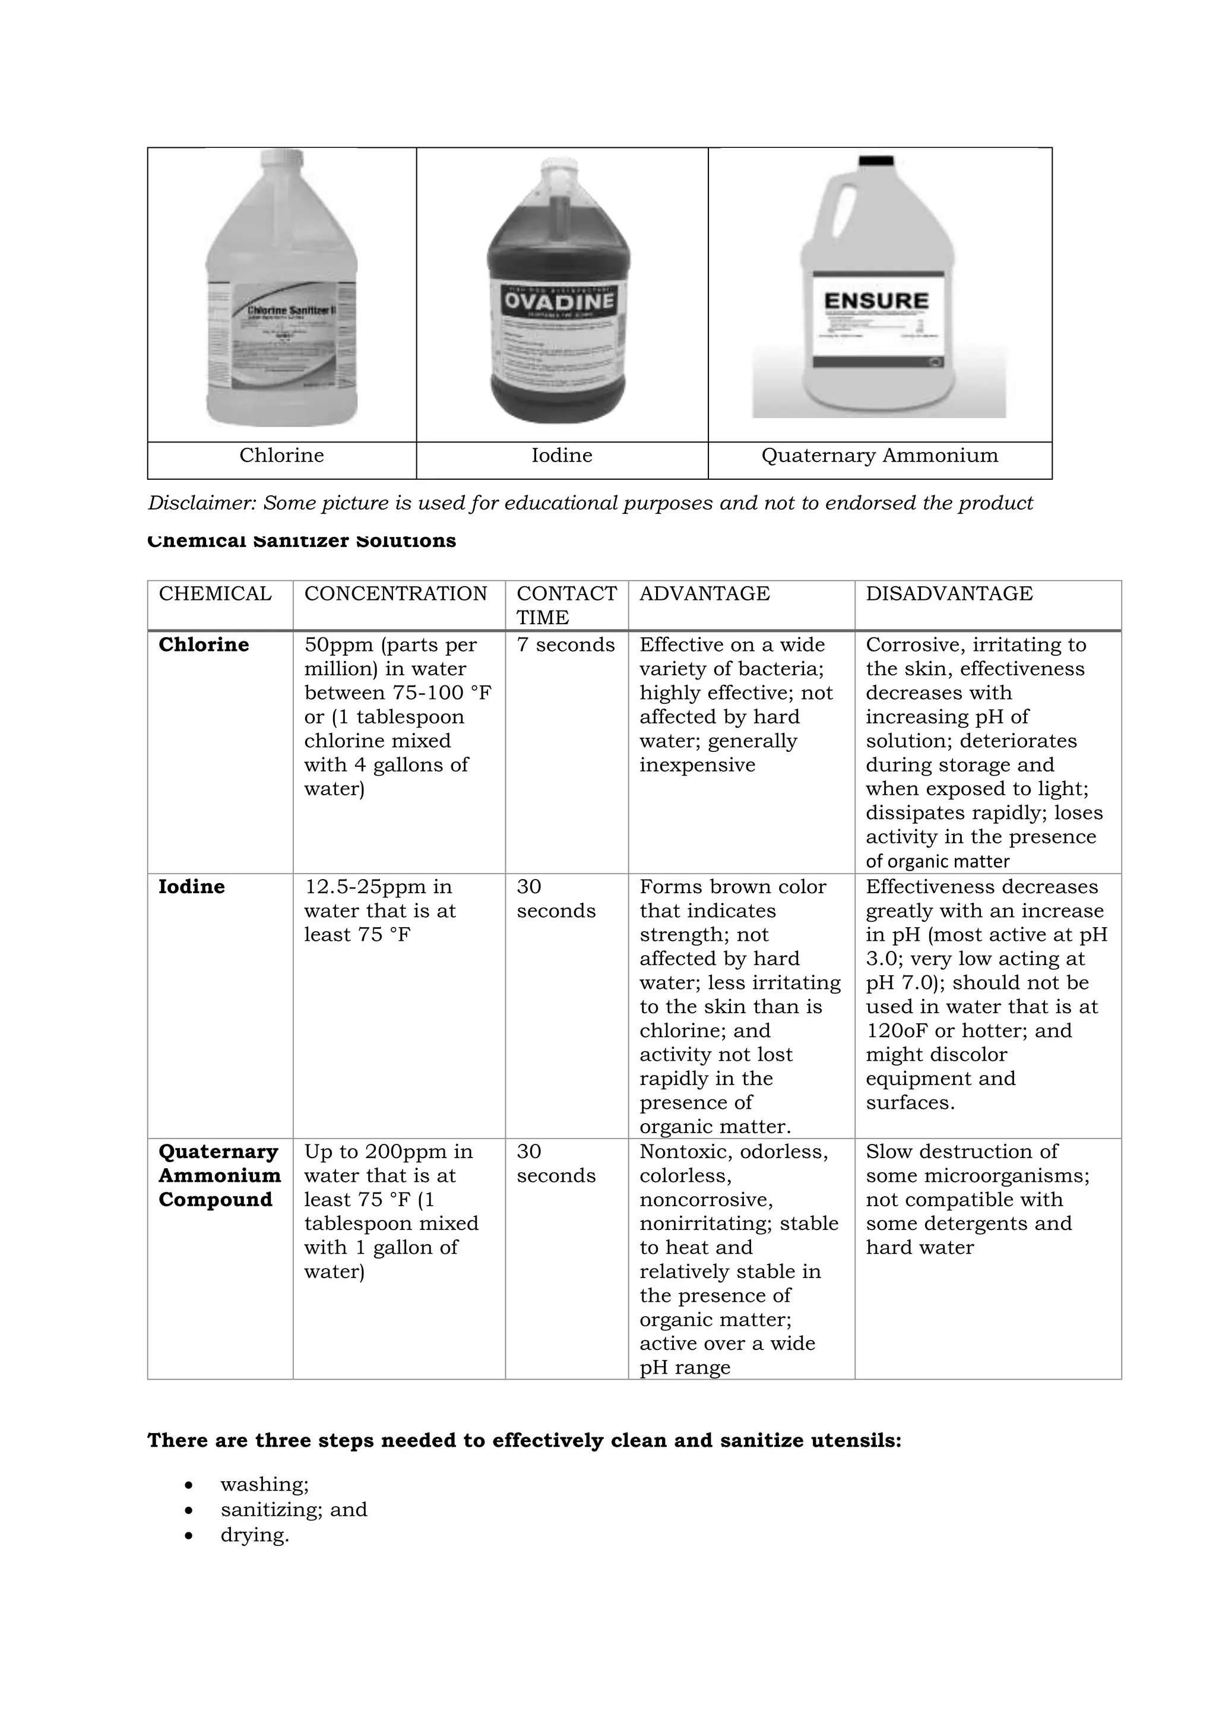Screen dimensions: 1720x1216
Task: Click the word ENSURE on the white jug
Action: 876,301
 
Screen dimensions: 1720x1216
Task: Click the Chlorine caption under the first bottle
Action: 281,456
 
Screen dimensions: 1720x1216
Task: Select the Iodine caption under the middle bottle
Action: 562,456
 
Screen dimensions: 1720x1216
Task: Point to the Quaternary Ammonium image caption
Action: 879,456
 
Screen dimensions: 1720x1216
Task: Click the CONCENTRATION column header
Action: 395,593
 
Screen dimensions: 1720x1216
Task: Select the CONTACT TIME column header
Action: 566,605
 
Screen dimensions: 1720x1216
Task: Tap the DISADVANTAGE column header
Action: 949,593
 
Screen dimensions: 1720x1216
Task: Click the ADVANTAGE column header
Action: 704,593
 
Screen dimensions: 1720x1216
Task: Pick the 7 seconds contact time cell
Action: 565,645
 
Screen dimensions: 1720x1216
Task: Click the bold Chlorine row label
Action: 204,645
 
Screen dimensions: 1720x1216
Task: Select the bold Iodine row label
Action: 192,887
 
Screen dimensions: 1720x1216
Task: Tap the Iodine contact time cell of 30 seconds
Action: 556,899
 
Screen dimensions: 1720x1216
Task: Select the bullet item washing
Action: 264,1484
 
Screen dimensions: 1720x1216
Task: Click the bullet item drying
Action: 255,1535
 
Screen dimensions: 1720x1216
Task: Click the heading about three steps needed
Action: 524,1441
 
